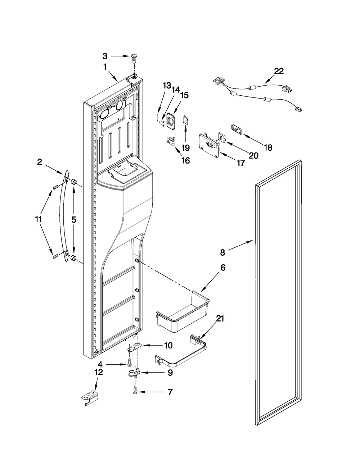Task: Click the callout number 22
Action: (279, 71)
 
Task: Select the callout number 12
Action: (99, 372)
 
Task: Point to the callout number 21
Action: (220, 325)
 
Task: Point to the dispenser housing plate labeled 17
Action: (210, 146)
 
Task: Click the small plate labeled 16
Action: (171, 141)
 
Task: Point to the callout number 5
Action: (74, 220)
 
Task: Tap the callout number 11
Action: (38, 219)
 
